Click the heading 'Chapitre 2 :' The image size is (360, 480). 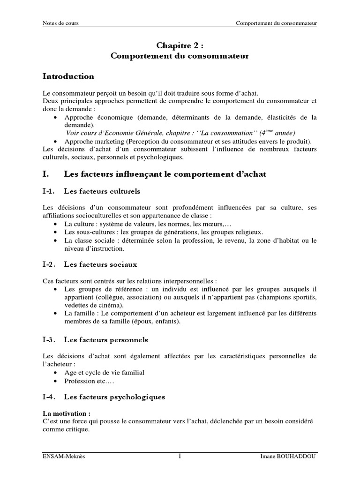tap(180, 45)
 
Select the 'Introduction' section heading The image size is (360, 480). tap(68, 76)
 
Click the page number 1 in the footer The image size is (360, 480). tap(180, 457)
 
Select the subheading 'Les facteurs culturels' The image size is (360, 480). tap(102, 191)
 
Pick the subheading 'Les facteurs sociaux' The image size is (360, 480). tap(100, 264)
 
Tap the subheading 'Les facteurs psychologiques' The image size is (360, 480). tap(114, 397)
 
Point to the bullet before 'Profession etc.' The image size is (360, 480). tap(57, 381)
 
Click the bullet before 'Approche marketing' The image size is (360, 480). tap(57, 141)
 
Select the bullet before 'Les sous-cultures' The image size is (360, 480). tap(57, 232)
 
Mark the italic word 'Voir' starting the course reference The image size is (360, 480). tap(73, 133)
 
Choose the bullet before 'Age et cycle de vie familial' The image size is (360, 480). tap(57, 372)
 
